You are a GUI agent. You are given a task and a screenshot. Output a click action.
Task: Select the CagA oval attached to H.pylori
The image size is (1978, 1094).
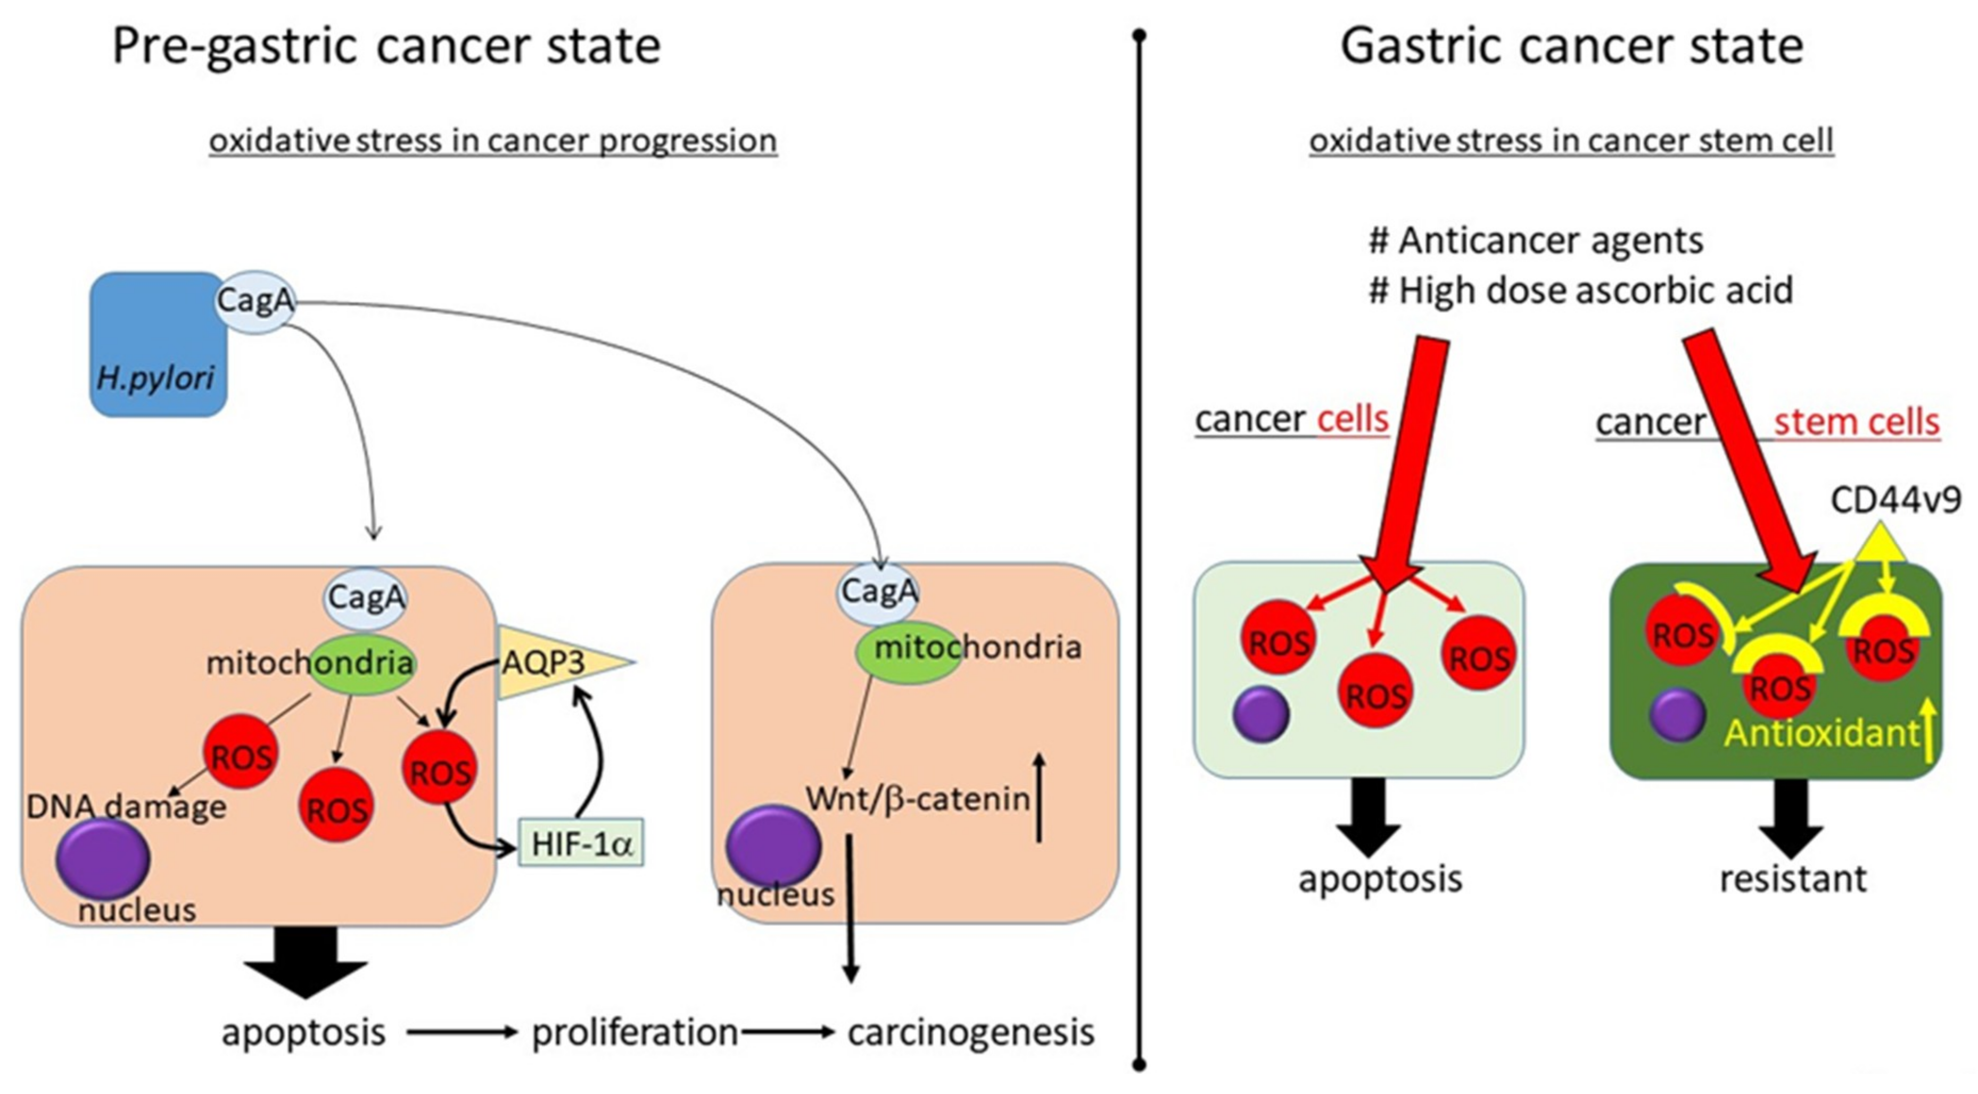pyautogui.click(x=255, y=301)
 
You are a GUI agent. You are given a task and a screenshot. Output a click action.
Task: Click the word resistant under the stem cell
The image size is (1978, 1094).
pyautogui.click(x=1792, y=878)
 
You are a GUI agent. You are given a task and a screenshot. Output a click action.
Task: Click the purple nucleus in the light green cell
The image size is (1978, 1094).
pyautogui.click(x=1261, y=714)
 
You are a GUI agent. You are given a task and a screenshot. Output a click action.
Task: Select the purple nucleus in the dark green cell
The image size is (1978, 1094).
pyautogui.click(x=1677, y=715)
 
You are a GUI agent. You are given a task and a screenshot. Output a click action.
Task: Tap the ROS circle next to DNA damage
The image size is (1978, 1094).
pyautogui.click(x=241, y=752)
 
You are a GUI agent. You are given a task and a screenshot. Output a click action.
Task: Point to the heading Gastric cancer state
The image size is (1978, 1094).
pyautogui.click(x=1571, y=46)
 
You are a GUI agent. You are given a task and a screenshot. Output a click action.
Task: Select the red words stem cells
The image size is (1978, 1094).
pyautogui.click(x=1856, y=422)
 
